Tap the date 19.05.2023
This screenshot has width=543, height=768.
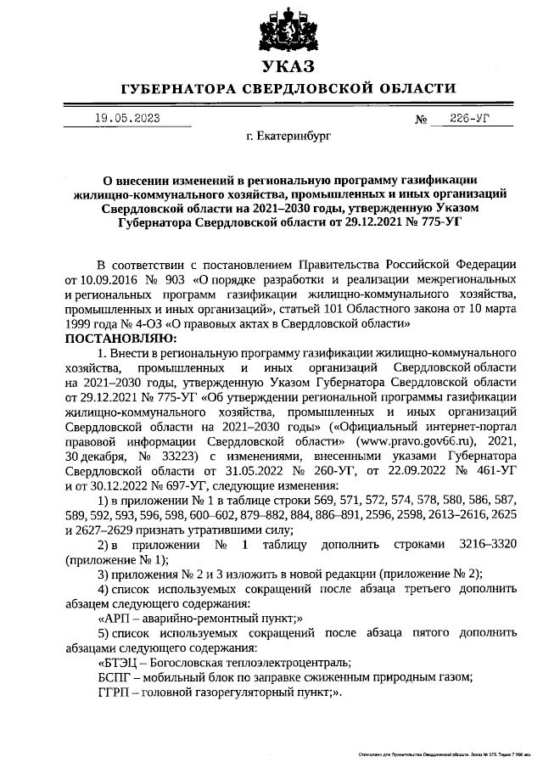(127, 118)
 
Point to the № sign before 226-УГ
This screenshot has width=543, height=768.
(421, 120)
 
